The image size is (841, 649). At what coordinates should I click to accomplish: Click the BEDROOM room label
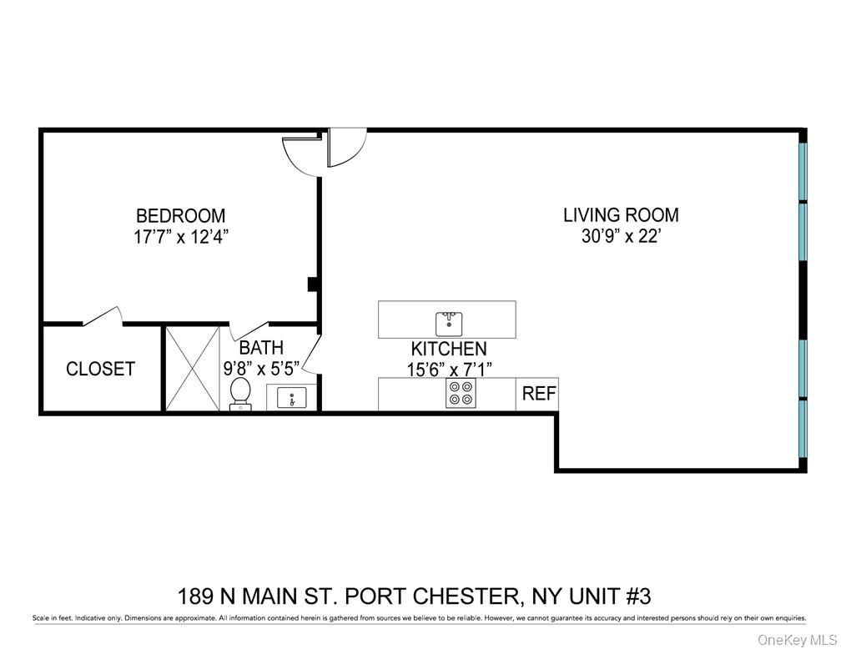point(180,215)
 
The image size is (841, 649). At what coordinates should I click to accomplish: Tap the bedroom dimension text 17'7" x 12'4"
point(180,236)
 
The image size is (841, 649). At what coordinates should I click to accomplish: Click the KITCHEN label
point(448,349)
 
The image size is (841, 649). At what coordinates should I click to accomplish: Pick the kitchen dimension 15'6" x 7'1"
point(448,370)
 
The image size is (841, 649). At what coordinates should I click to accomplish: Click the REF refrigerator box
point(539,394)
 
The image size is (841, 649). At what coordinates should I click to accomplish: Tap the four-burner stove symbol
point(460,394)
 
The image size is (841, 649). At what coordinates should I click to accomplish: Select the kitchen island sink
point(449,321)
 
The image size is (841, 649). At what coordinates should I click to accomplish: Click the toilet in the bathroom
point(240,392)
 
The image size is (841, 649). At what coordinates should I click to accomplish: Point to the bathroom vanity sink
point(291,398)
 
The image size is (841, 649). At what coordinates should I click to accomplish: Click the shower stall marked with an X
point(191,368)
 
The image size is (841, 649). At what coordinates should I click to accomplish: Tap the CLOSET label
point(100,369)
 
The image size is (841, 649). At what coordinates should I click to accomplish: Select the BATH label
point(261,348)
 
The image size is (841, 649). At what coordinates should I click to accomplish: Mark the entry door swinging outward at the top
point(346,146)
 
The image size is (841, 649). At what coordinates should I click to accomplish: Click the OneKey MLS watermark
point(797,640)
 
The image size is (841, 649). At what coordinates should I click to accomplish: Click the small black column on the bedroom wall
point(313,284)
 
